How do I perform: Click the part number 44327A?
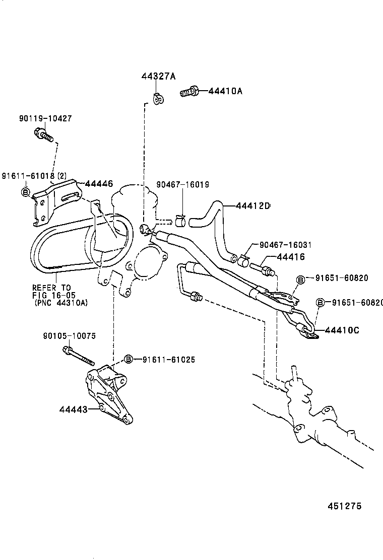coord(158,77)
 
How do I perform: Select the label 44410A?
coord(225,91)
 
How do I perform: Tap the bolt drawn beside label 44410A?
coord(189,92)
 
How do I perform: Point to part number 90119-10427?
coord(45,119)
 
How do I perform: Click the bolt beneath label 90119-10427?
coord(42,134)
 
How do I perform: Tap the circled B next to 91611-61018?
coord(25,191)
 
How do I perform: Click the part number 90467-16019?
coord(183,185)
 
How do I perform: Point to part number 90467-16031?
coord(285,245)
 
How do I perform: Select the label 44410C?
coord(342,330)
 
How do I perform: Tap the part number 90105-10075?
coord(71,336)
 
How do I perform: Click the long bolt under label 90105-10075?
coord(80,356)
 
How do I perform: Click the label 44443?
coord(72,409)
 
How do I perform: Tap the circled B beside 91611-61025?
coord(129,359)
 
